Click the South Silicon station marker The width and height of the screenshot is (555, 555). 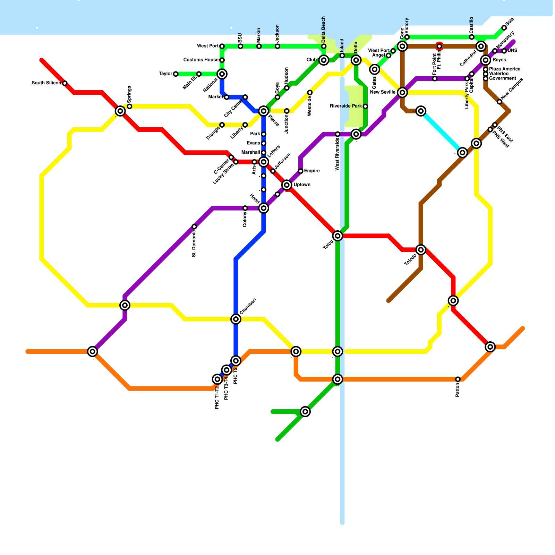(65, 83)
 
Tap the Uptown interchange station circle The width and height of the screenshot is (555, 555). (287, 185)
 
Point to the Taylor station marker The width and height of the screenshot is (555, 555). (176, 74)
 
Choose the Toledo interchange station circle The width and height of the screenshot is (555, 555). (421, 249)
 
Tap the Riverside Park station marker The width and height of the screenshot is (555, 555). (365, 106)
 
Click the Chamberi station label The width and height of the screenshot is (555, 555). (248, 306)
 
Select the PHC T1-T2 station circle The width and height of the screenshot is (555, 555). (217, 379)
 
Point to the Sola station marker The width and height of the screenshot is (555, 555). (504, 28)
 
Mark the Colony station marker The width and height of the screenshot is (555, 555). (245, 208)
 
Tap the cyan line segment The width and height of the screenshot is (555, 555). (441, 131)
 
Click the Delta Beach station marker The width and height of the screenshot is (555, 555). (324, 46)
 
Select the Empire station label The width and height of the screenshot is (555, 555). (312, 171)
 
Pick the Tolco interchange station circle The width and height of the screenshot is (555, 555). (338, 236)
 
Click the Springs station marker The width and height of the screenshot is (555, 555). (129, 106)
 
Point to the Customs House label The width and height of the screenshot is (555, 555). (201, 60)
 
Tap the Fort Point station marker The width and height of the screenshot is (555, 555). (435, 79)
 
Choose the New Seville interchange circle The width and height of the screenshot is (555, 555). (402, 92)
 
